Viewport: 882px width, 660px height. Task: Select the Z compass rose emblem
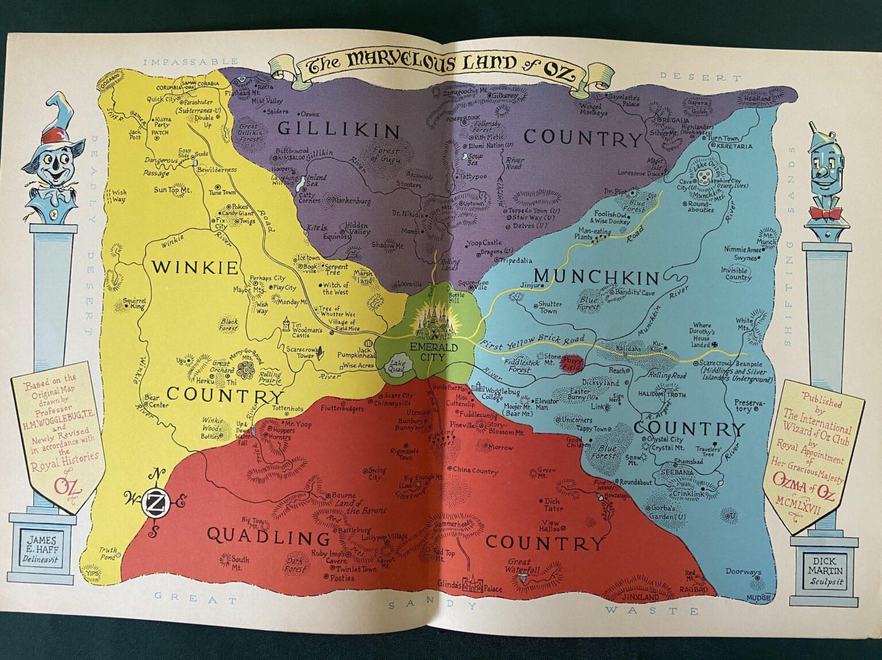(154, 502)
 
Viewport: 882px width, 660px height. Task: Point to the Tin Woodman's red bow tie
(829, 214)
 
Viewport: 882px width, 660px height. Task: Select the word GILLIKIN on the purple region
(338, 130)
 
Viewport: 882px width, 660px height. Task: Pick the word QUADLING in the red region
(268, 538)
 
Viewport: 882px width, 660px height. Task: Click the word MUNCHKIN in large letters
(598, 278)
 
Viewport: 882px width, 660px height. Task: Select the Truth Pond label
(109, 553)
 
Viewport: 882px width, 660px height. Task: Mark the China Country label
(474, 471)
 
